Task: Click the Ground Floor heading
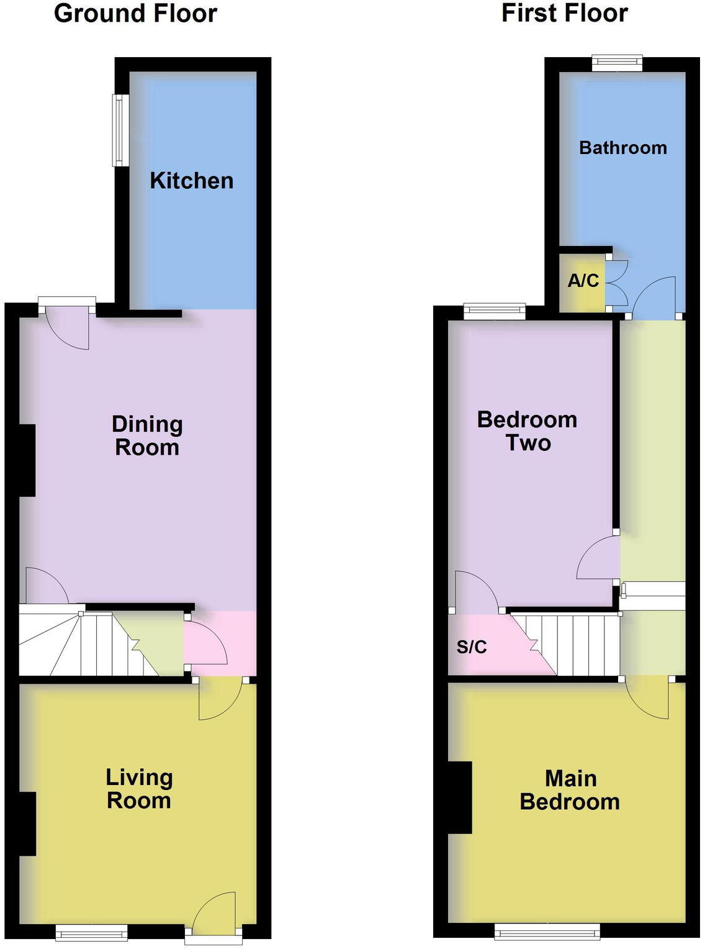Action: click(135, 14)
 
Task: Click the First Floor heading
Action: click(564, 14)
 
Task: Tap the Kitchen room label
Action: click(192, 181)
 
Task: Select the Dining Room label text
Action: click(147, 436)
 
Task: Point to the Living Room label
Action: click(139, 789)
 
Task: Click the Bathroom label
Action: click(622, 148)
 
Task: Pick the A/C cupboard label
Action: click(583, 281)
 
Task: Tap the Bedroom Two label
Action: click(527, 431)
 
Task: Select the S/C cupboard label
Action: click(472, 647)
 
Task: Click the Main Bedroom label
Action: click(570, 790)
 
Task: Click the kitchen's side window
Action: click(119, 130)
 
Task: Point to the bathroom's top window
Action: click(617, 61)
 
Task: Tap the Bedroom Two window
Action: click(495, 309)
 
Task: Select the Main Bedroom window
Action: click(547, 930)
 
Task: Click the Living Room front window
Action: click(91, 932)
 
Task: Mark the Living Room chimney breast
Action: click(27, 824)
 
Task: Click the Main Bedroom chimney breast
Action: click(460, 797)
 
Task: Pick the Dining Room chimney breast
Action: click(27, 460)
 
